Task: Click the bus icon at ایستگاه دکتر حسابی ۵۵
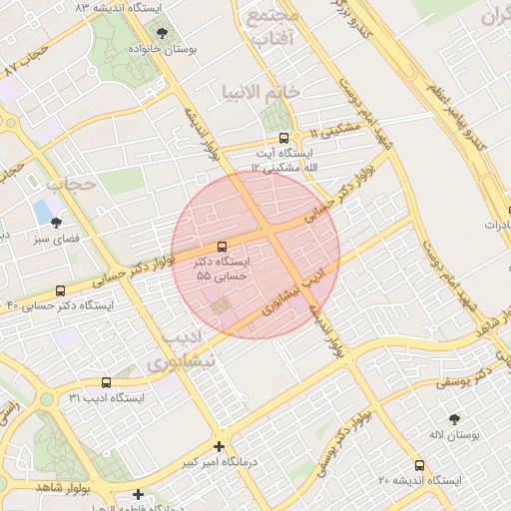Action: coord(222,246)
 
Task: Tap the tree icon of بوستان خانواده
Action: coord(163,33)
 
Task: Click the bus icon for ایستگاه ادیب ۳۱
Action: coord(107,381)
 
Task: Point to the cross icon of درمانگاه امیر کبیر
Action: coord(219,446)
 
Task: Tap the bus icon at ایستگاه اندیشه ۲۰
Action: coord(419,464)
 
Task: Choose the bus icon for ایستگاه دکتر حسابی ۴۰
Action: coord(60,290)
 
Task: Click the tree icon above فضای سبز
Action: coord(55,223)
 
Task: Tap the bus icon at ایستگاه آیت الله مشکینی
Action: coord(284,139)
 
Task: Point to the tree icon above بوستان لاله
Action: coord(455,419)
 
